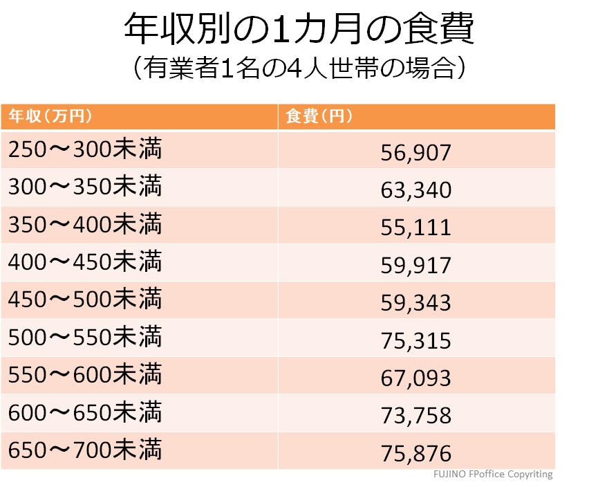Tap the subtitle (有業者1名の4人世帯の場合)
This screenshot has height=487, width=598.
pos(299,70)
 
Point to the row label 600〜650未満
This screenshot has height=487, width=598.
pos(85,413)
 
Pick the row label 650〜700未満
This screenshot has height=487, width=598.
pos(85,450)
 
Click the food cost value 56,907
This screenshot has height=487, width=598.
pos(415,152)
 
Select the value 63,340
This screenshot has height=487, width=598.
pos(415,190)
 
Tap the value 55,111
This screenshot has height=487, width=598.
pos(415,228)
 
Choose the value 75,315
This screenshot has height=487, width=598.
pos(415,340)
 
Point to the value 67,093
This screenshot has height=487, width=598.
pos(415,378)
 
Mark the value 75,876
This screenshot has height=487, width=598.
pos(415,453)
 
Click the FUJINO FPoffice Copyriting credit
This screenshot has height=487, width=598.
pos(493,475)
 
